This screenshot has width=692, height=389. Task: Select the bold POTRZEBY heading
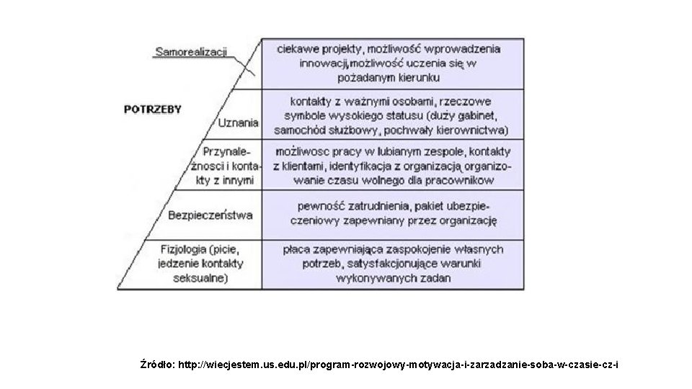[x=153, y=109]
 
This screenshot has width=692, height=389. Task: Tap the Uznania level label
[x=238, y=122]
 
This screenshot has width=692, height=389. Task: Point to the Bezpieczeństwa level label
[x=210, y=214]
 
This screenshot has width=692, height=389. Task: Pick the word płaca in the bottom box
[x=296, y=249]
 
